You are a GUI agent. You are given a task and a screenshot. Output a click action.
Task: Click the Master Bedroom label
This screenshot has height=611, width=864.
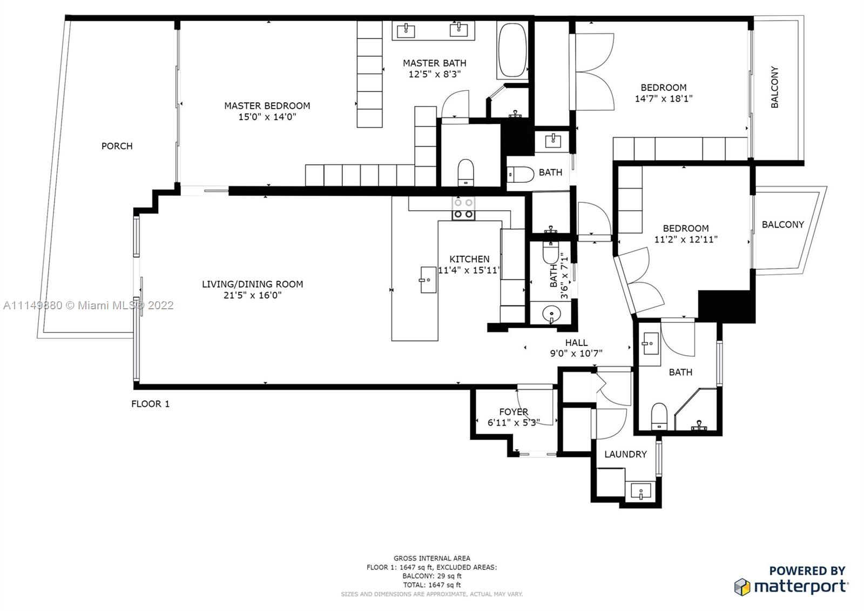coord(267,105)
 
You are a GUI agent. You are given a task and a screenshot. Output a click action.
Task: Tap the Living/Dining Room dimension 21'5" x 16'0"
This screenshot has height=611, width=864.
coord(252,295)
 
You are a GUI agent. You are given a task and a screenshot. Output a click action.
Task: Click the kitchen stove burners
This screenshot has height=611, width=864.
coord(463,209)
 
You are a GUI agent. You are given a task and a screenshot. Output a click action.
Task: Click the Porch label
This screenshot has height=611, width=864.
coord(117,146)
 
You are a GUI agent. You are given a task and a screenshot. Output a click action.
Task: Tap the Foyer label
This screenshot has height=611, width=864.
coord(513,411)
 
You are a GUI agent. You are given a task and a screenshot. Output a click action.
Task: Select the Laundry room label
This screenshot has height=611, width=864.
coord(625,454)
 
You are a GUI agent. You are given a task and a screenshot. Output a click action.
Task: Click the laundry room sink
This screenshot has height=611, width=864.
coord(641,492)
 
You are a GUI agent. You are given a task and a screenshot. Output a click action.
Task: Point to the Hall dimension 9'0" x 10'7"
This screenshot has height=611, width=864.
coord(576,354)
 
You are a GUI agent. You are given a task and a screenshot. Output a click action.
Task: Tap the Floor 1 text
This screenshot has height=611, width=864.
coord(150,404)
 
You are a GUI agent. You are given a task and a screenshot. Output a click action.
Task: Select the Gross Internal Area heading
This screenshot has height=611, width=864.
coord(431,558)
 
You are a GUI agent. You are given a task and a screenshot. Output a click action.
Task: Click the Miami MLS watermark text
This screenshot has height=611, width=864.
coord(88,305)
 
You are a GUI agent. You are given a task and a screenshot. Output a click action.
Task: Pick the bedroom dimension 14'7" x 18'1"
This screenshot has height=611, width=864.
coord(663,99)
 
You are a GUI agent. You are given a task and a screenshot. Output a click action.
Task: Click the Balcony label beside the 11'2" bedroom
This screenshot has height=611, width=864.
coord(782,224)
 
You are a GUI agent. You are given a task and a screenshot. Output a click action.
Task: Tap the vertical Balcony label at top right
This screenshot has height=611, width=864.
coord(774,87)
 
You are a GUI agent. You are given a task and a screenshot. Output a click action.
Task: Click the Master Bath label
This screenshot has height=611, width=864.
coord(434,63)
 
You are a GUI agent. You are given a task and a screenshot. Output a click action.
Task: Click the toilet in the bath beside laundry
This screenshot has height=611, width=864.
coord(659,415)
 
